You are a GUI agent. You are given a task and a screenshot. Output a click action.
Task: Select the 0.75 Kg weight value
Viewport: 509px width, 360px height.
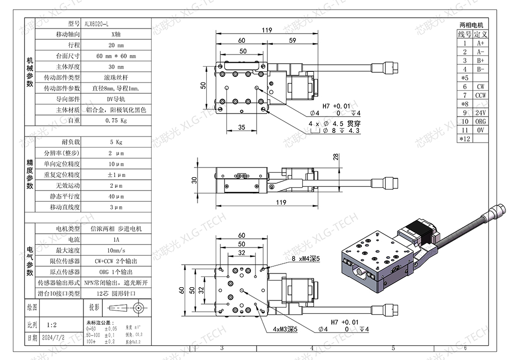(x=116, y=121)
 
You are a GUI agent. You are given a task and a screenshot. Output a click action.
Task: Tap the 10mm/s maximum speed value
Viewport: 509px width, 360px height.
(x=116, y=250)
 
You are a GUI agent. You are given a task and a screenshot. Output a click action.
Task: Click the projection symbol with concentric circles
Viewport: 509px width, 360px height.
(x=137, y=308)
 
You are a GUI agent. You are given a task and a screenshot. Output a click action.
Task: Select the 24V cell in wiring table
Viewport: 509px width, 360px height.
(x=480, y=112)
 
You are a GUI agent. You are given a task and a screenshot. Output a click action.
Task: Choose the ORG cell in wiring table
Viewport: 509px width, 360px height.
(x=480, y=121)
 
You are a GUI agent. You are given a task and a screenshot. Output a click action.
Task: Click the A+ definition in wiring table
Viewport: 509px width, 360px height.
(x=480, y=43)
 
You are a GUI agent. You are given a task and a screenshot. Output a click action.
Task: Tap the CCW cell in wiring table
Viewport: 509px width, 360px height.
(x=480, y=95)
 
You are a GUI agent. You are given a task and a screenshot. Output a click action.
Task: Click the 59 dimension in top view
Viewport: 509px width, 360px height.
(x=292, y=40)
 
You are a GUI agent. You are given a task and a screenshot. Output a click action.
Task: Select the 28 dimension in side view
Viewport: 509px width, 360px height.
(x=336, y=157)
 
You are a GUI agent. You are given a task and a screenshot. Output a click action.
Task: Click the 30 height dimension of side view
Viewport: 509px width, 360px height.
(x=194, y=180)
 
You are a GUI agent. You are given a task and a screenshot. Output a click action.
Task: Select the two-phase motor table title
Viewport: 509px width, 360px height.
(x=471, y=24)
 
